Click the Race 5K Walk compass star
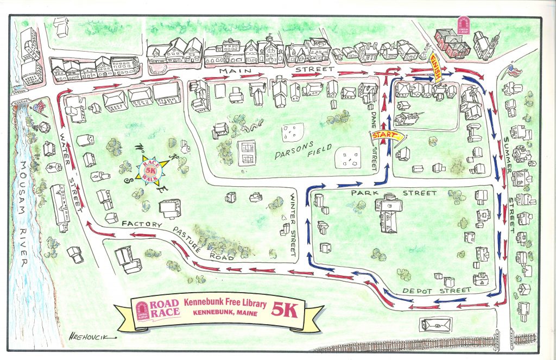(x=149, y=169)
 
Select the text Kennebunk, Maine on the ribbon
(x=225, y=313)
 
